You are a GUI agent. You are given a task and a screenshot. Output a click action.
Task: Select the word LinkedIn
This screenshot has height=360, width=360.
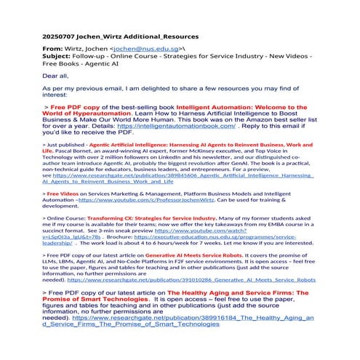click(166, 161)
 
